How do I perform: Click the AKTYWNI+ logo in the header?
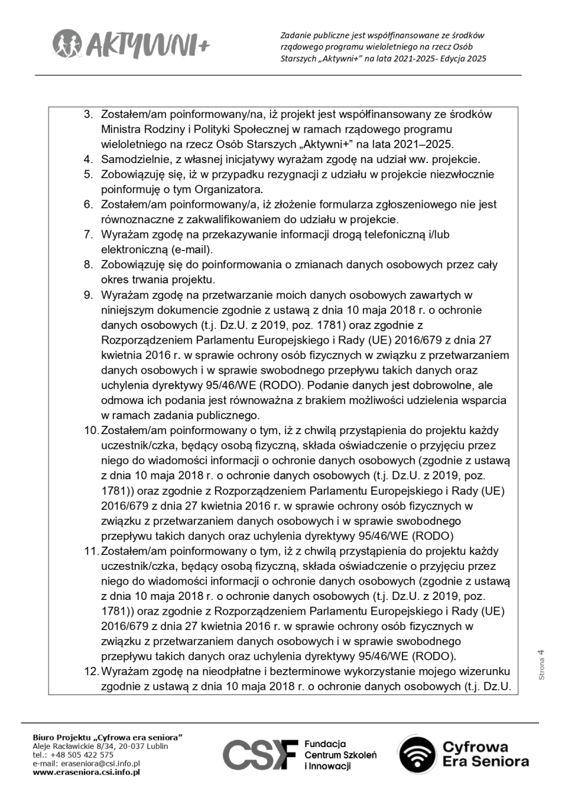tap(130, 44)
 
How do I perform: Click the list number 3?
tap(88, 115)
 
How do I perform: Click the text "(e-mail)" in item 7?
tap(191, 250)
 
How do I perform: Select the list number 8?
tap(88, 265)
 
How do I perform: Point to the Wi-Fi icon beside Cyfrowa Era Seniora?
tap(419, 755)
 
